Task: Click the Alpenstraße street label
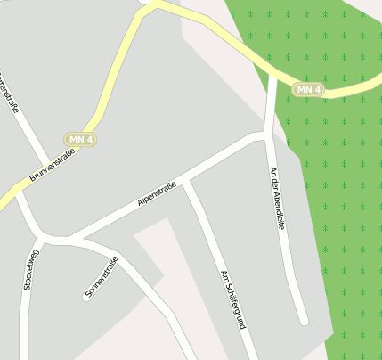(158, 195)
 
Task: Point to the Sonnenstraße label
(102, 276)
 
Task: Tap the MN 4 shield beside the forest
(308, 89)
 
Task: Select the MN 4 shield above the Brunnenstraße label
(80, 139)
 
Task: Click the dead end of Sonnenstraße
(86, 298)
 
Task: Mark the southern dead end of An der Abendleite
(303, 320)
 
